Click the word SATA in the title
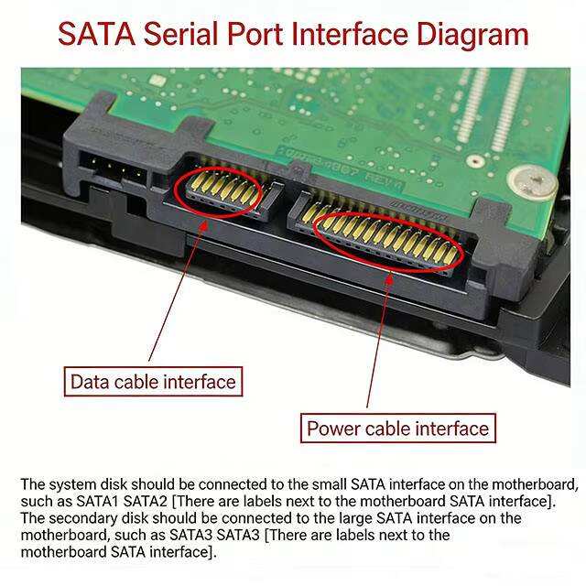click(x=97, y=34)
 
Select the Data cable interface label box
click(x=153, y=382)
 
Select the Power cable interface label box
click(x=398, y=429)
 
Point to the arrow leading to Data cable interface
click(x=178, y=291)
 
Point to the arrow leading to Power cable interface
click(x=379, y=340)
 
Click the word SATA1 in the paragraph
click(x=98, y=502)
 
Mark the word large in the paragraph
click(x=355, y=519)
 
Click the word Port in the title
click(x=255, y=34)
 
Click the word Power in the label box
click(x=333, y=429)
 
